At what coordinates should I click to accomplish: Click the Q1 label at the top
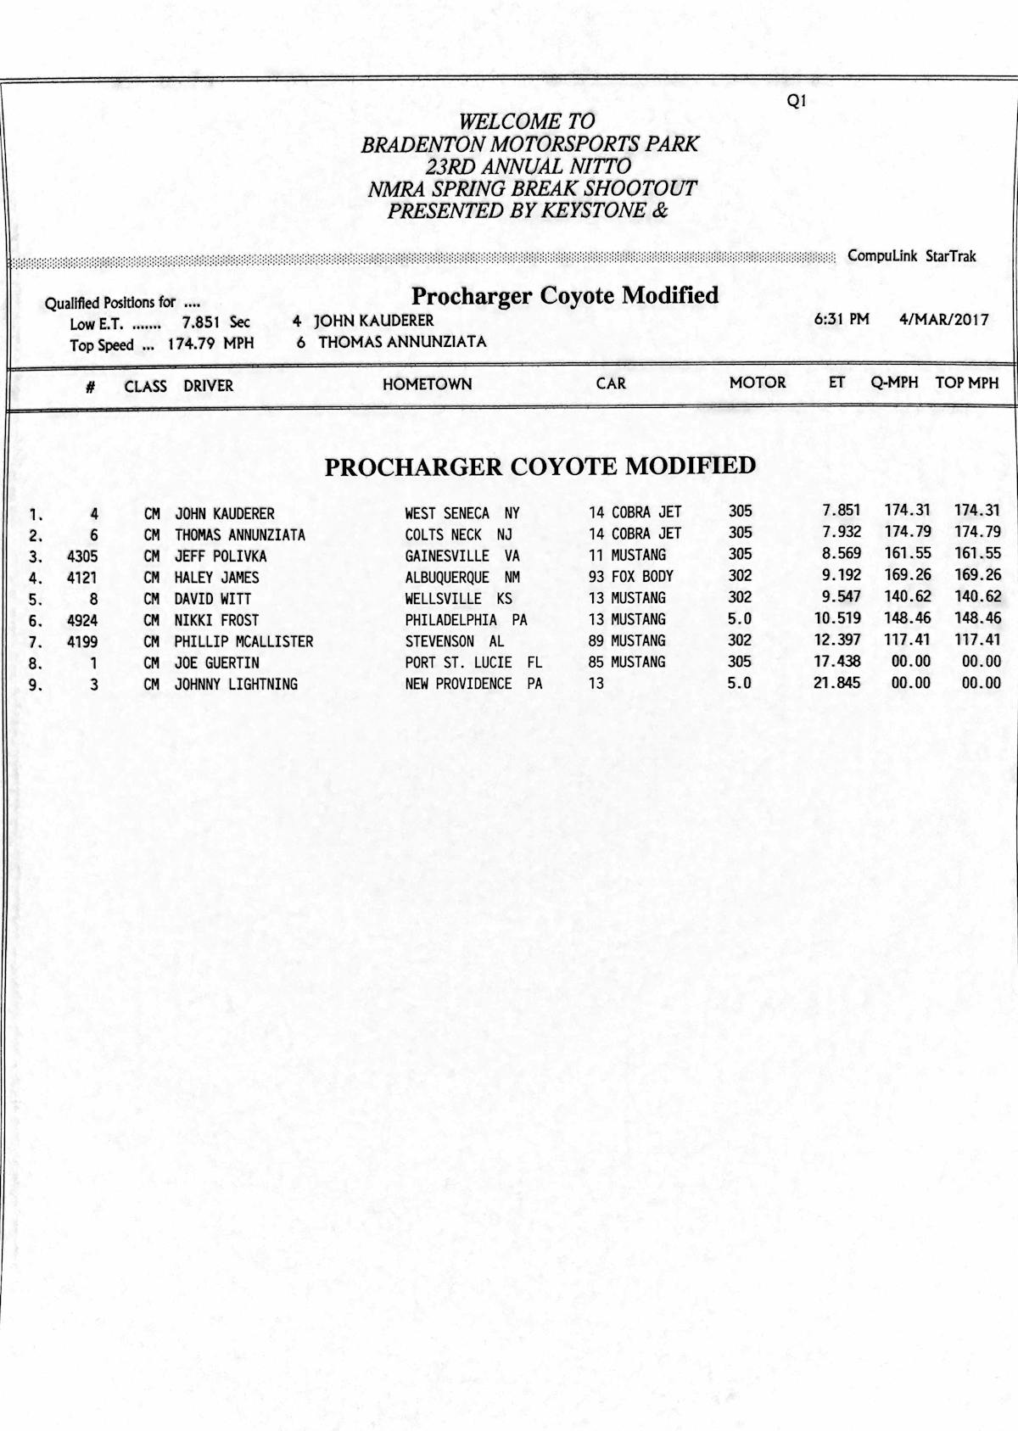coord(797,101)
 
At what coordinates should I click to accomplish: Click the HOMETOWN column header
coord(427,384)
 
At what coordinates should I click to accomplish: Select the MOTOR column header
coord(757,383)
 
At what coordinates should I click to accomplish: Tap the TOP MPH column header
coord(966,383)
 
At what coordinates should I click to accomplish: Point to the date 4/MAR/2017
coord(943,320)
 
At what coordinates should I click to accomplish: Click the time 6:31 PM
coord(842,320)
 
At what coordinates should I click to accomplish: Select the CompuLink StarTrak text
coord(911,256)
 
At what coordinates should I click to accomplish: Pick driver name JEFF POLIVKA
coord(221,556)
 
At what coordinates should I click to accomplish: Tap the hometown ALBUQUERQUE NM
coord(462,578)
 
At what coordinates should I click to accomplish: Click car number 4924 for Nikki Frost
coord(82,621)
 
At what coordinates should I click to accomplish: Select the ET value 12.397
coord(837,640)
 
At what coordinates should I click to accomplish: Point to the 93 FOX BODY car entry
coord(630,576)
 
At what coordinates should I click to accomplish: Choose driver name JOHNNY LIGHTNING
coord(236,685)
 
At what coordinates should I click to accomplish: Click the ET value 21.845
coord(837,682)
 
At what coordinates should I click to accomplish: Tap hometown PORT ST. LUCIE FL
coord(473,662)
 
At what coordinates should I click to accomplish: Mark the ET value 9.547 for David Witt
coord(841,596)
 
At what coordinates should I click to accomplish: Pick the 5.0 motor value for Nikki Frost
coord(739,619)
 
